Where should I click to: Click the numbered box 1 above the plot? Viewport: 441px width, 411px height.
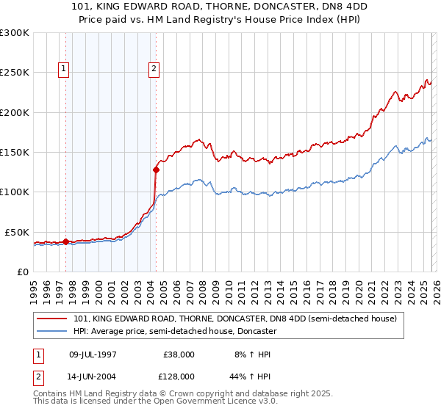tap(64, 70)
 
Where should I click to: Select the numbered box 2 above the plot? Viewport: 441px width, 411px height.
tap(154, 70)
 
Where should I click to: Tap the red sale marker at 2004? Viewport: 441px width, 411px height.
tap(156, 170)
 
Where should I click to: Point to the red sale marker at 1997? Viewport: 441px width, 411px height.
tap(65, 241)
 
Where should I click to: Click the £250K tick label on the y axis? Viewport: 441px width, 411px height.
tap(15, 73)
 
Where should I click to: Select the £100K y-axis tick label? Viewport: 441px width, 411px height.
tap(15, 192)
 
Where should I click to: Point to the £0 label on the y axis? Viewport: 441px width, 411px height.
tap(22, 272)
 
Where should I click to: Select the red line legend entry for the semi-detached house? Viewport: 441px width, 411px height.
tap(235, 319)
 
